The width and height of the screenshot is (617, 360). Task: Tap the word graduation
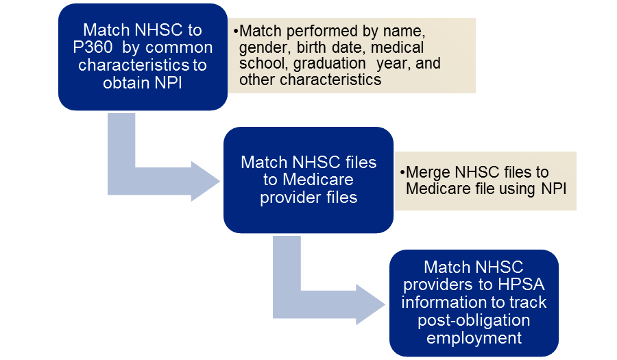tap(328, 64)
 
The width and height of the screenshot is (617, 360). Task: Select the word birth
tap(316, 48)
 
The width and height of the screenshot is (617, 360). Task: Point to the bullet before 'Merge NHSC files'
tap(402, 173)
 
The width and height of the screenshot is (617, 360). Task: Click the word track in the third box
tap(530, 302)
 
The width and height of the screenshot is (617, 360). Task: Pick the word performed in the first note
tap(313, 32)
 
